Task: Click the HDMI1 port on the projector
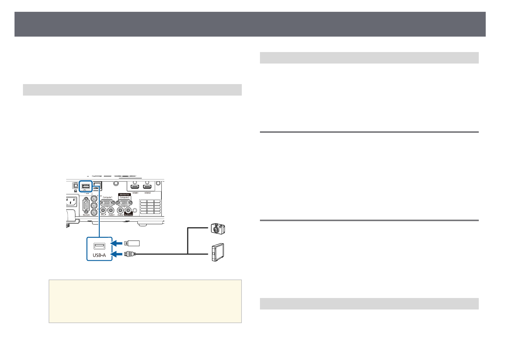[135, 187]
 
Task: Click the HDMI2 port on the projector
[147, 187]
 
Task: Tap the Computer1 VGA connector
[107, 203]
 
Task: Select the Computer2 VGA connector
[124, 203]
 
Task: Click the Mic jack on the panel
[104, 210]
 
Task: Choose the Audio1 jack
[111, 210]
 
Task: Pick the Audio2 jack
[121, 210]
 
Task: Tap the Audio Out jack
[128, 210]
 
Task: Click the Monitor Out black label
[125, 195]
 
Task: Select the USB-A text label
[99, 255]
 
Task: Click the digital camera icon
[218, 229]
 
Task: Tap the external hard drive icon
[218, 252]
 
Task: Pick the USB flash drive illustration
[132, 243]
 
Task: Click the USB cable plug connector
[130, 254]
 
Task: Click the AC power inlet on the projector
[71, 202]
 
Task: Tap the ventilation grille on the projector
[150, 207]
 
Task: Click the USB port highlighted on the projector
[86, 186]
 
